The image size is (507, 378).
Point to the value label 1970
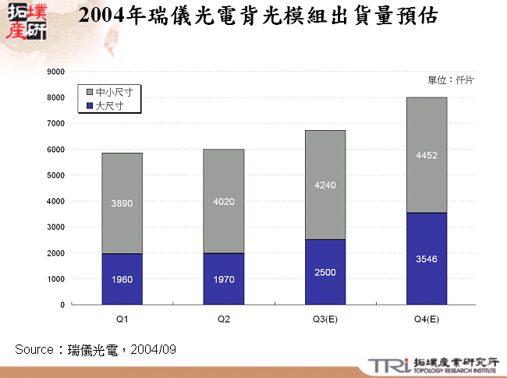point(223,279)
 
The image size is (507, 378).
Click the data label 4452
point(426,155)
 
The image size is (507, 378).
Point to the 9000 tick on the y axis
point(55,72)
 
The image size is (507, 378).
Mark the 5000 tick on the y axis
point(55,175)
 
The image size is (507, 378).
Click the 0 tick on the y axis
point(62,305)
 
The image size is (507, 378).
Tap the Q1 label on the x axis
point(122,319)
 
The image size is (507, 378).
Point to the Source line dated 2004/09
point(95,349)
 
